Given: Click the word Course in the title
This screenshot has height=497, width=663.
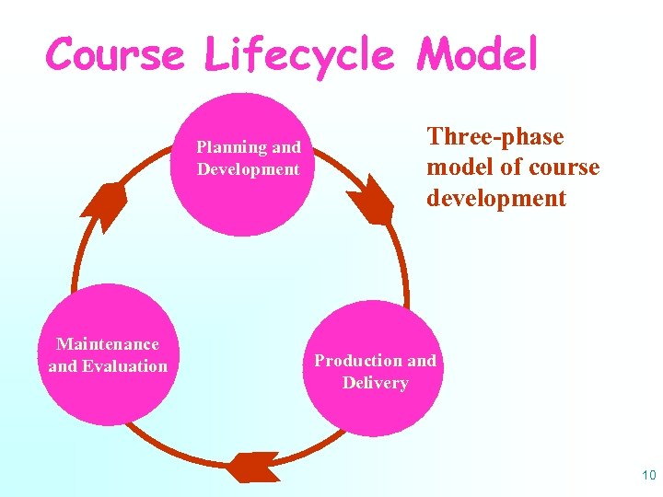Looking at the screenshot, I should pyautogui.click(x=115, y=54).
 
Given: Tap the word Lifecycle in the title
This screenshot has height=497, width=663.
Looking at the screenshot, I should pyautogui.click(x=300, y=54).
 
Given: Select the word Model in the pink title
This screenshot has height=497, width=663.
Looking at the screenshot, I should pyautogui.click(x=476, y=54).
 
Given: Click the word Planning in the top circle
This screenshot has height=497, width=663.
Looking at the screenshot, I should pyautogui.click(x=231, y=147).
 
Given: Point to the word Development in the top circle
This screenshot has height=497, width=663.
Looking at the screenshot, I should pyautogui.click(x=248, y=169).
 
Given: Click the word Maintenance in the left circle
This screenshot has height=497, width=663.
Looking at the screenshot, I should pyautogui.click(x=108, y=344).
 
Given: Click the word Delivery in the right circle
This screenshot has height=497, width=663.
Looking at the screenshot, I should pyautogui.click(x=375, y=383).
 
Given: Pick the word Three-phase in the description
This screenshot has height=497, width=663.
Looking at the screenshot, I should pyautogui.click(x=494, y=137).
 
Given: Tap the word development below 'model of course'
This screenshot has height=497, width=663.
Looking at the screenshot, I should pyautogui.click(x=496, y=199).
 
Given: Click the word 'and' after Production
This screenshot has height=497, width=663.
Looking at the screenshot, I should pyautogui.click(x=422, y=361).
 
